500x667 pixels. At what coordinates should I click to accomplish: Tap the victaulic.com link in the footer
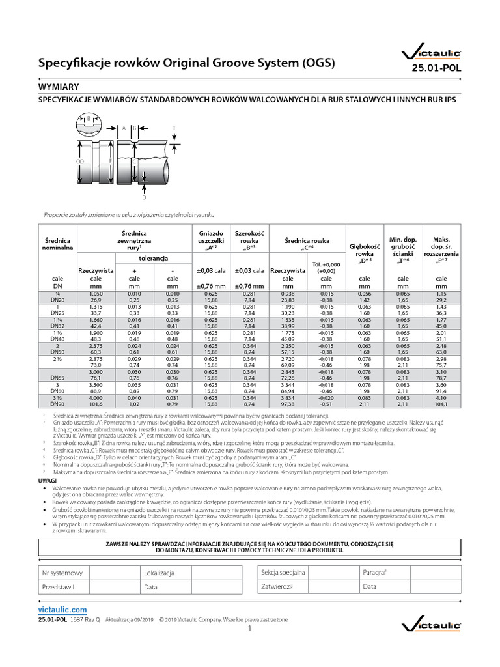(x=61, y=607)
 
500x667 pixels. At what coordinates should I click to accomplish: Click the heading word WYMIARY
(x=59, y=86)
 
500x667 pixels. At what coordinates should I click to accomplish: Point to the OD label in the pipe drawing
(x=79, y=160)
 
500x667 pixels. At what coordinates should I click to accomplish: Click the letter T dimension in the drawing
(x=174, y=128)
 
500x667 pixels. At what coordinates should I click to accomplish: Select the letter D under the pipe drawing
(x=143, y=197)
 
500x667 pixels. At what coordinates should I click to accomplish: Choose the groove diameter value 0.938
(x=287, y=294)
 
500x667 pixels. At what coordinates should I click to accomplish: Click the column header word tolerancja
(x=154, y=258)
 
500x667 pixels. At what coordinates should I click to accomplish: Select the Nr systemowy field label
(x=62, y=573)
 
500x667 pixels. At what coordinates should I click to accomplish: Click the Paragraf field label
(x=374, y=572)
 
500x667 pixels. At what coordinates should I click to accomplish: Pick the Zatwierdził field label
(x=277, y=586)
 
